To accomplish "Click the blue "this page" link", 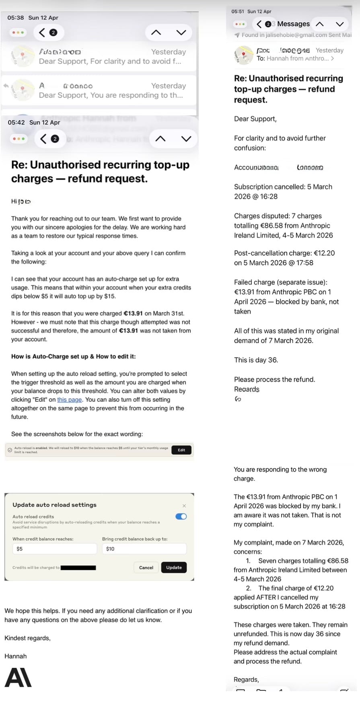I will pos(69,400).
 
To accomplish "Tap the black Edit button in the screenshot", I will pos(181,450).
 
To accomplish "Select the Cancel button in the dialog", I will pos(146,568).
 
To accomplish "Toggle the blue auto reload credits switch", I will pos(181,517).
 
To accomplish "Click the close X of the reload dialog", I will pos(184,506).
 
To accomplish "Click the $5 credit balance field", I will pos(54,549).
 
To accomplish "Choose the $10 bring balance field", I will pos(144,549).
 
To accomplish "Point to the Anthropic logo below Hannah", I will pos(18,677).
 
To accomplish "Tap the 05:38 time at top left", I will pos(16,18).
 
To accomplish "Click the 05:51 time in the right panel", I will pos(238,12).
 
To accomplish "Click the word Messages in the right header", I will pos(293,24).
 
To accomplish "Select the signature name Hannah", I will pos(16,656).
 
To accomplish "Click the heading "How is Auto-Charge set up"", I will pos(73,356).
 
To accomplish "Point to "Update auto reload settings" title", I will pos(54,505).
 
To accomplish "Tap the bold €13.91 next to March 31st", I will pos(133,313).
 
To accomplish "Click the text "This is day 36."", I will pos(256,360).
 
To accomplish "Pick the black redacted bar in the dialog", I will pos(78,568).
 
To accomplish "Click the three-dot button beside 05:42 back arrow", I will pos(19,139).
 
